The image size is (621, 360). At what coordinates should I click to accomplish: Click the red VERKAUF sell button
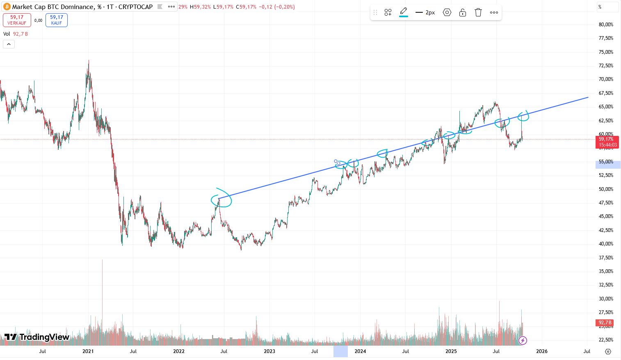[x=17, y=20]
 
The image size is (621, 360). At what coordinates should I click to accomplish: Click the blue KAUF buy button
[x=57, y=20]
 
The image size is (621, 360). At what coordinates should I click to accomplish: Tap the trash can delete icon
[x=478, y=12]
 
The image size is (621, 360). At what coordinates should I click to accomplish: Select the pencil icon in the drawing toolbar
[x=404, y=11]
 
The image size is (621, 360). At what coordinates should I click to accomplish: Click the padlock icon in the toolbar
[x=463, y=12]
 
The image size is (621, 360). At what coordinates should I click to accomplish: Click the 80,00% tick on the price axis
[x=606, y=25]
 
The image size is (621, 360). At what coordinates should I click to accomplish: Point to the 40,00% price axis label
[x=606, y=244]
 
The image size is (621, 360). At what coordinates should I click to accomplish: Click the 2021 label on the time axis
[x=88, y=351]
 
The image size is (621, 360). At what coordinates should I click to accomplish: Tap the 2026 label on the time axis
[x=542, y=351]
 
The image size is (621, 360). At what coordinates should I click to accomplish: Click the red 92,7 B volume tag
[x=605, y=323]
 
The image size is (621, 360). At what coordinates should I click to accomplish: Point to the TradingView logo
[x=37, y=337]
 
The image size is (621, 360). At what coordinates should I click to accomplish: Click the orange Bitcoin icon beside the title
[x=7, y=7]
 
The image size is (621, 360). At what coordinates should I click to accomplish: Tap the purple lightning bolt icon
[x=523, y=340]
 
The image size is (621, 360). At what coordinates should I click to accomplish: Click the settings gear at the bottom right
[x=608, y=351]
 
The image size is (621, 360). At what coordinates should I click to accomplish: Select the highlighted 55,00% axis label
[x=607, y=162]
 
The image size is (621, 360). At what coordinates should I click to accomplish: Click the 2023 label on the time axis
[x=269, y=351]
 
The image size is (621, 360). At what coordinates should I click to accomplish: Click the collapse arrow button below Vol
[x=9, y=44]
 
